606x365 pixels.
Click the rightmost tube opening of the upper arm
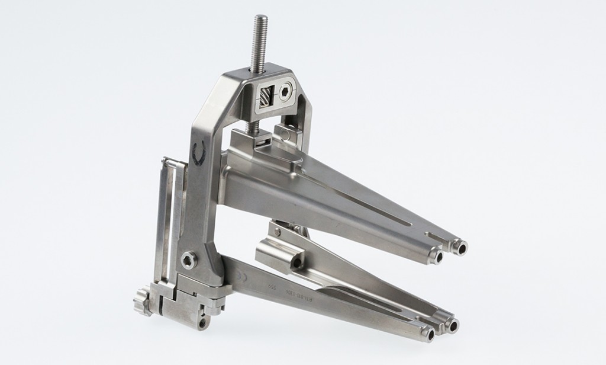(460, 245)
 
